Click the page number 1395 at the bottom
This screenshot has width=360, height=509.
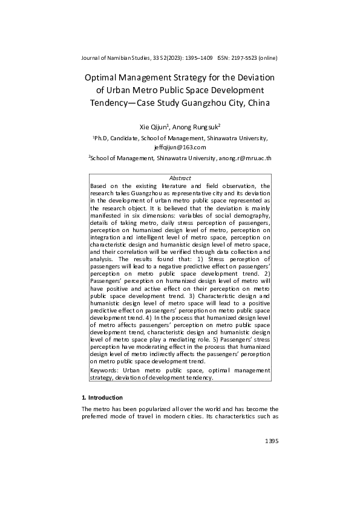pyautogui.click(x=271, y=442)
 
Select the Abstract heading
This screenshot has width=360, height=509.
pyautogui.click(x=180, y=178)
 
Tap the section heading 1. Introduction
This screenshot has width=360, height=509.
pyautogui.click(x=102, y=398)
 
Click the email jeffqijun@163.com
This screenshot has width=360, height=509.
pyautogui.click(x=180, y=147)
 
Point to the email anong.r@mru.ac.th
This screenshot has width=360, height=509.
pyautogui.click(x=245, y=158)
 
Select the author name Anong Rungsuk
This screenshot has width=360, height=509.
pyautogui.click(x=195, y=127)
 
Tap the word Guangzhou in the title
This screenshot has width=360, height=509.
pyautogui.click(x=211, y=102)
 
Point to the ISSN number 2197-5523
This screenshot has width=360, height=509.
pyautogui.click(x=243, y=58)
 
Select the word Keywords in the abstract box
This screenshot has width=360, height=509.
pyautogui.click(x=103, y=369)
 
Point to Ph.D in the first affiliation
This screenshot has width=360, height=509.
pyautogui.click(x=101, y=138)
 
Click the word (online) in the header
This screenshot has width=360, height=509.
pyautogui.click(x=268, y=58)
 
